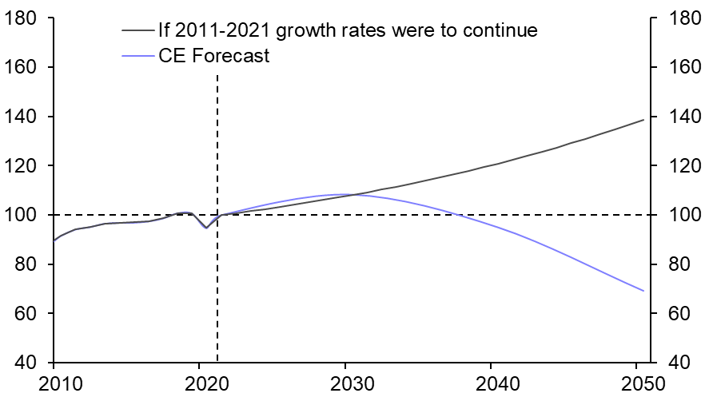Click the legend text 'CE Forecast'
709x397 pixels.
point(215,57)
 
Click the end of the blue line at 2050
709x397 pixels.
point(643,291)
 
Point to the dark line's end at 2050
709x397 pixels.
point(643,120)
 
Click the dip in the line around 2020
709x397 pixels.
point(206,228)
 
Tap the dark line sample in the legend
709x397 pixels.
point(140,31)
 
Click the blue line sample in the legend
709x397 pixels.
point(140,57)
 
